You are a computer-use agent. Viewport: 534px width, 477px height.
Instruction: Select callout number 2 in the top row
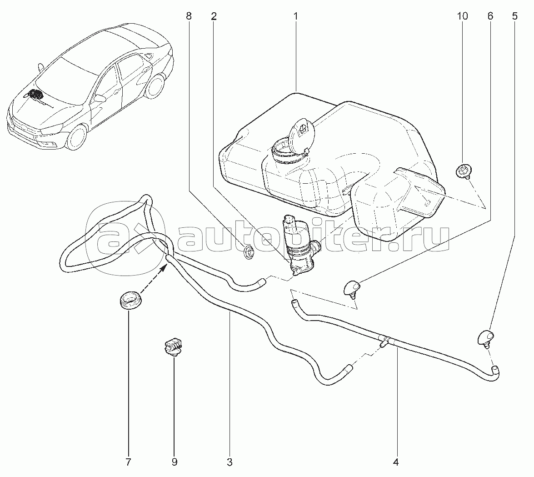point(214,16)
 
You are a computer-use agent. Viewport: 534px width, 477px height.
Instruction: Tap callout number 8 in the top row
point(189,16)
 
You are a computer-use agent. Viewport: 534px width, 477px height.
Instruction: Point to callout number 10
point(462,16)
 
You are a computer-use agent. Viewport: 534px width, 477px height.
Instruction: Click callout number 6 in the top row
point(489,16)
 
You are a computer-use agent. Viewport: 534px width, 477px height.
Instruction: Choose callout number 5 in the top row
point(514,16)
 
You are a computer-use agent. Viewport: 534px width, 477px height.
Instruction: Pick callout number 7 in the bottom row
point(128,462)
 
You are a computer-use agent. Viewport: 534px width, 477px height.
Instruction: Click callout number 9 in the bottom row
point(174,462)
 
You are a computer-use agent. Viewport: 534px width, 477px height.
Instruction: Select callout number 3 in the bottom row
point(230,462)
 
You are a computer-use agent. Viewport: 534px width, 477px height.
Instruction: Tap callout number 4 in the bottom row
point(395,462)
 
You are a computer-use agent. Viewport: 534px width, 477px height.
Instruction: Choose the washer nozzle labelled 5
point(485,338)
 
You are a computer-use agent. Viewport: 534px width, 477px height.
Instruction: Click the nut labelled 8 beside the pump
point(249,252)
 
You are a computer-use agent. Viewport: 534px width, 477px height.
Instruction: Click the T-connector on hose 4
point(384,341)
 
